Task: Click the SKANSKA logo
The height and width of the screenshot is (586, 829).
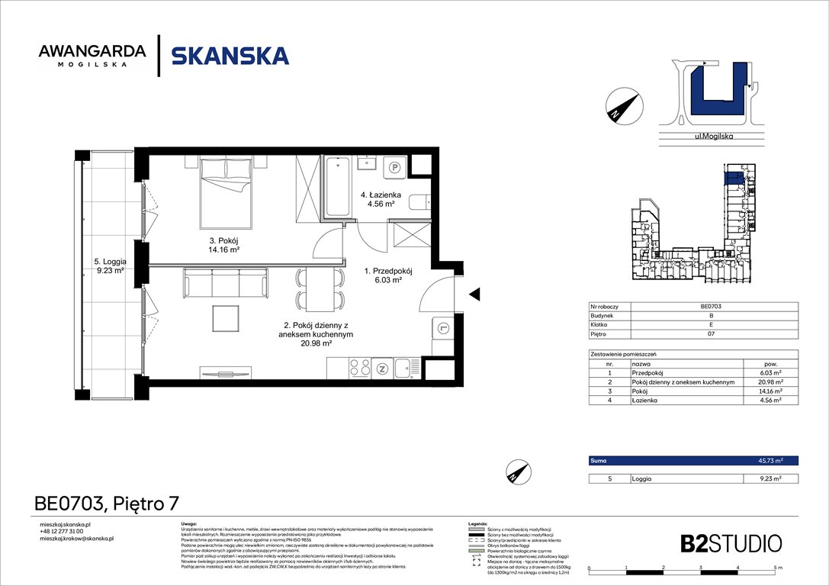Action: coord(230,56)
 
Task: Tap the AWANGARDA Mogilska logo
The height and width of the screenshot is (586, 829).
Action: coord(92,56)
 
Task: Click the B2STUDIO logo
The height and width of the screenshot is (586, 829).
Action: coord(731,543)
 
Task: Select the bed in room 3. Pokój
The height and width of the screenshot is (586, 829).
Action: coord(227,193)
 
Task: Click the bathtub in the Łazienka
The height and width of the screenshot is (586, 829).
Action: coord(337,187)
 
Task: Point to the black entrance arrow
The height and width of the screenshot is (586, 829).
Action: coord(474,294)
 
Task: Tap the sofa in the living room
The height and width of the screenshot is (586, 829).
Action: coord(226,282)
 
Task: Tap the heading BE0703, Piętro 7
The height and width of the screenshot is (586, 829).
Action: coord(107,503)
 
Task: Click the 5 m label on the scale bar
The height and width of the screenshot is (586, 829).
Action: coord(776,568)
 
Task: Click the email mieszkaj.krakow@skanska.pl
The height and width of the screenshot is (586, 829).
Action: coord(76,539)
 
